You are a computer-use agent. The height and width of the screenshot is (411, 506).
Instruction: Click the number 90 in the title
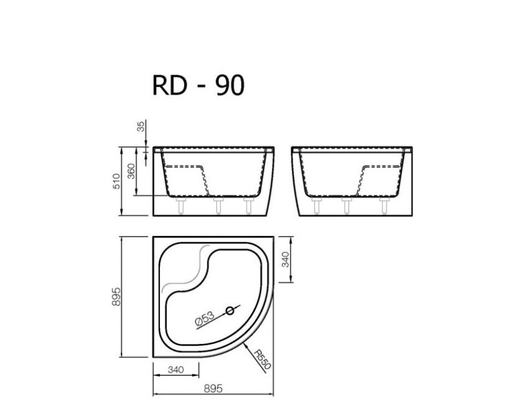tap(229, 85)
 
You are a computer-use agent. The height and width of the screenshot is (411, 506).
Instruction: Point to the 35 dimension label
tap(140, 126)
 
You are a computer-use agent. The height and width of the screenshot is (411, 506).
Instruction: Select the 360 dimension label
tap(132, 171)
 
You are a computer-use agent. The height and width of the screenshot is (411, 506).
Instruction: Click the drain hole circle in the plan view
tap(231, 310)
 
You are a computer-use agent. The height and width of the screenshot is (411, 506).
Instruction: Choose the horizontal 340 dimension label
tap(175, 370)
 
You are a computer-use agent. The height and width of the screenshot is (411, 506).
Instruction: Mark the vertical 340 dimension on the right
tap(285, 260)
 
